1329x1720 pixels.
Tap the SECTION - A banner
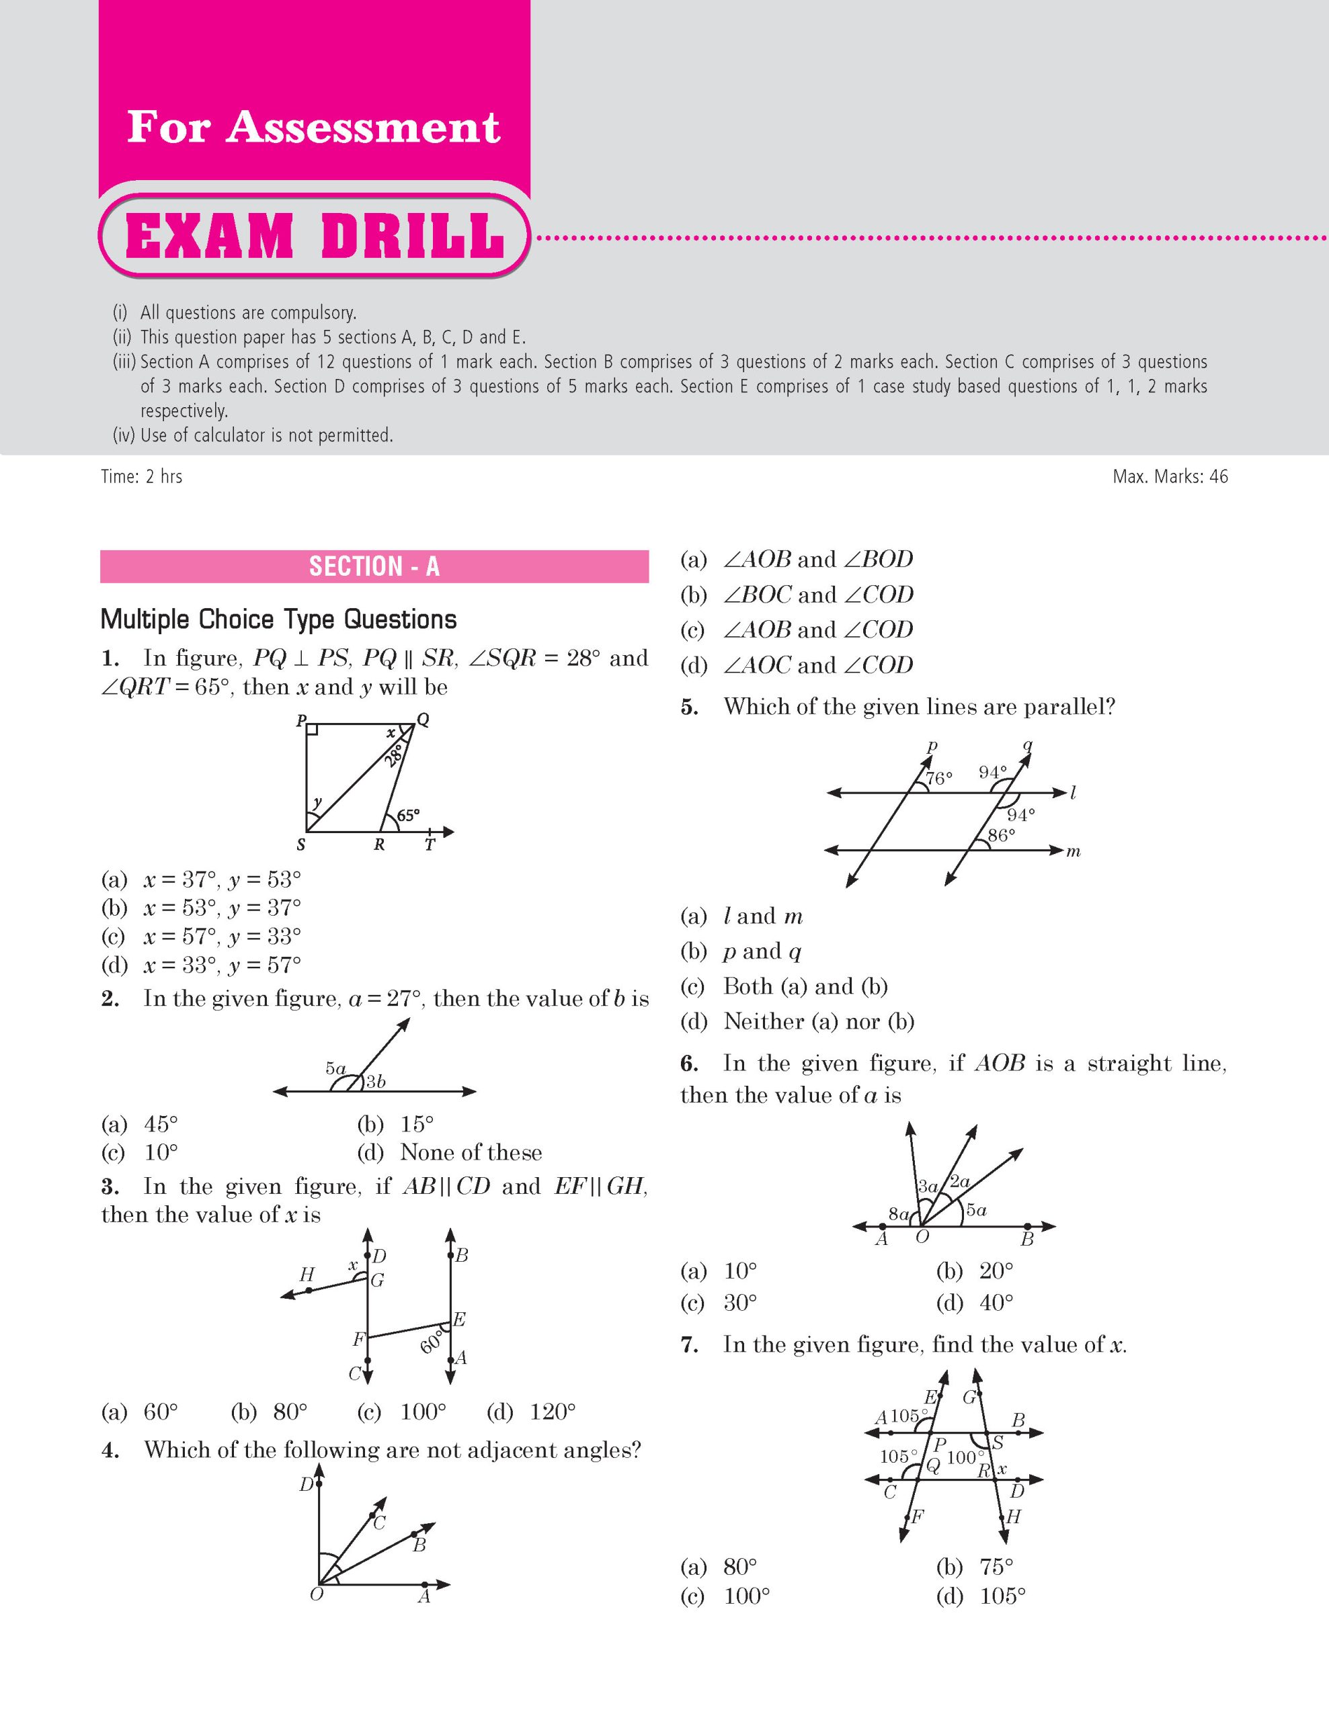tap(374, 566)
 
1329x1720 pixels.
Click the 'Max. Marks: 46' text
tap(1170, 476)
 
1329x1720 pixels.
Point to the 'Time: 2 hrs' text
tap(142, 476)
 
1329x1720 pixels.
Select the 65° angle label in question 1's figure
tap(408, 815)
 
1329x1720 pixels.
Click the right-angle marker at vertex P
tap(312, 729)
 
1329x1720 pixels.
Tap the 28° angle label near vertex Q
tap(395, 754)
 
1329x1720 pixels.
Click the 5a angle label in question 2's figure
tap(335, 1069)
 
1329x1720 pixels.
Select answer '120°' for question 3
tap(551, 1412)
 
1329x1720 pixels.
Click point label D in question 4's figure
tap(306, 1485)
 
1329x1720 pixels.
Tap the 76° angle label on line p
tap(938, 778)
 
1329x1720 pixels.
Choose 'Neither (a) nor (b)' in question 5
tap(819, 1021)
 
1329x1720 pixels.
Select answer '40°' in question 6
tap(996, 1303)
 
